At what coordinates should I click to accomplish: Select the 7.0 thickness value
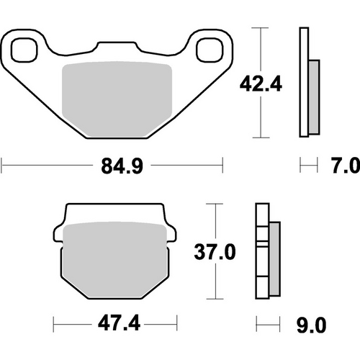[344, 168]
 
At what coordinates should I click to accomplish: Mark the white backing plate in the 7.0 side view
[304, 83]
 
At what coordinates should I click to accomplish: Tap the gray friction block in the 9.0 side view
[274, 260]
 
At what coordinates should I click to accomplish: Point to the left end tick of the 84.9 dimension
[2, 168]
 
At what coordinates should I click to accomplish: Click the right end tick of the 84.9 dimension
[221, 168]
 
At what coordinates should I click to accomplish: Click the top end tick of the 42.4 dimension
[260, 28]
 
